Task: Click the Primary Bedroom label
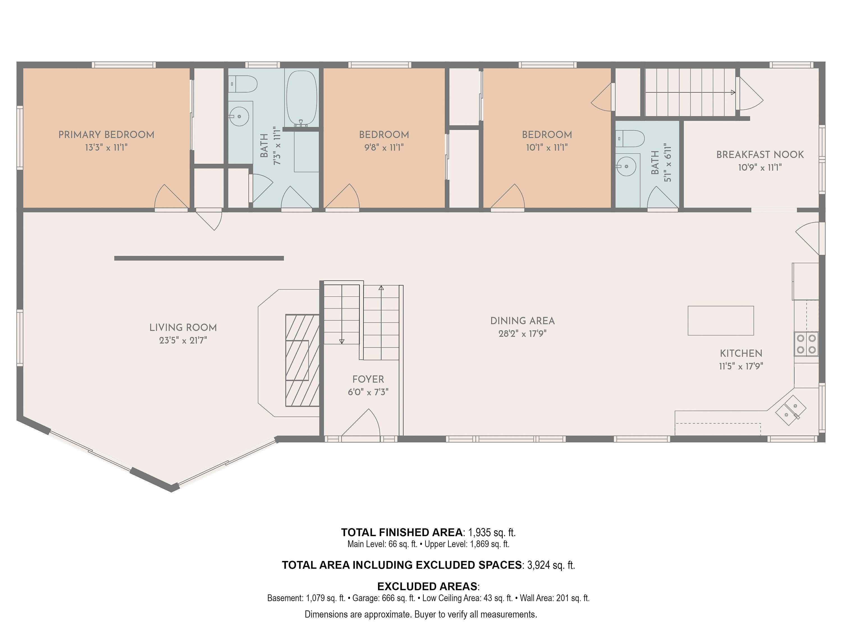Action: pyautogui.click(x=106, y=135)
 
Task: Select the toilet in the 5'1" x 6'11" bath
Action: pyautogui.click(x=630, y=139)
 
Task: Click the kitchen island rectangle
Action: pyautogui.click(x=720, y=321)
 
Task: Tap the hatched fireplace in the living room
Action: pyautogui.click(x=303, y=360)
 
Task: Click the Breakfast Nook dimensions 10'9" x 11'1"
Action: pyautogui.click(x=760, y=167)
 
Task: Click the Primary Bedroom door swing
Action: pyautogui.click(x=171, y=196)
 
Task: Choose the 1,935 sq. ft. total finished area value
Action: pyautogui.click(x=491, y=533)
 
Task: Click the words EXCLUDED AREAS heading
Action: pyautogui.click(x=427, y=586)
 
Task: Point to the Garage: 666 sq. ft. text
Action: pyautogui.click(x=384, y=598)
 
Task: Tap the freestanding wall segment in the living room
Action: pyautogui.click(x=199, y=258)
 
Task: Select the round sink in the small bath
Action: pyautogui.click(x=626, y=166)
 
